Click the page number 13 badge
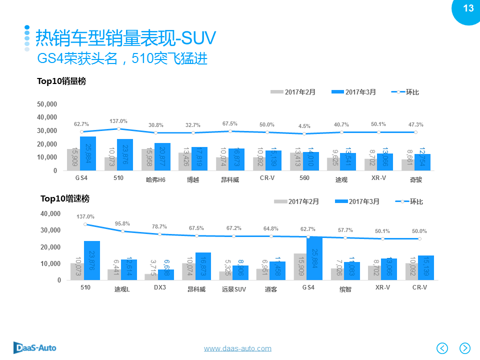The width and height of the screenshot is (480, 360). coord(468,9)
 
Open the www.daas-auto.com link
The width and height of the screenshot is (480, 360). coord(237,348)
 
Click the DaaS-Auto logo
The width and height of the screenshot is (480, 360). coord(34,347)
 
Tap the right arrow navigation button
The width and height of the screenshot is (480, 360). coord(465,348)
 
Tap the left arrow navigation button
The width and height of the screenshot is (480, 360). coord(442,348)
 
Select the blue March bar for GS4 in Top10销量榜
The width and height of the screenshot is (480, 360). coord(88,153)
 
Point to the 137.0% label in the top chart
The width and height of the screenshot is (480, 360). coord(118,121)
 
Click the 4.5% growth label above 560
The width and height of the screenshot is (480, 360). coord(304,126)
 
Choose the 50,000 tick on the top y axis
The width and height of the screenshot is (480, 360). coord(47,104)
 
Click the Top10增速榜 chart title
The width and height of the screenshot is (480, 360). coord(65,198)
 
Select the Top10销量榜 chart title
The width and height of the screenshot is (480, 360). coord(61,81)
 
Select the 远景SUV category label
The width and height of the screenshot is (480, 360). coord(233,289)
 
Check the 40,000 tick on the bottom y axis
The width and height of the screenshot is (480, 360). coord(50,213)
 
